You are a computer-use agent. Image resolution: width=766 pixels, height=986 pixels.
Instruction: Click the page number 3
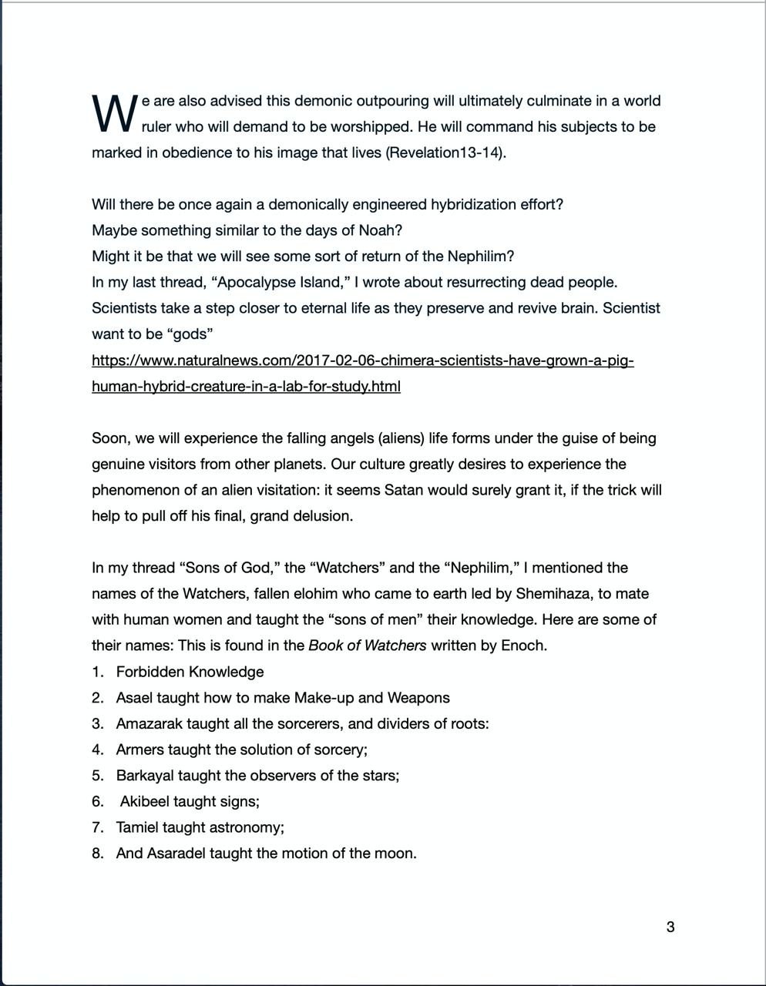670,927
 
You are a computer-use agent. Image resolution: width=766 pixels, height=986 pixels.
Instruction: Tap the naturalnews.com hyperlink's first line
362,360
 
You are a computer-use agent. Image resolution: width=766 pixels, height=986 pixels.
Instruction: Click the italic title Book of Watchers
367,646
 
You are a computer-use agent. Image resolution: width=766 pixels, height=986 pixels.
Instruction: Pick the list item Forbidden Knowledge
190,672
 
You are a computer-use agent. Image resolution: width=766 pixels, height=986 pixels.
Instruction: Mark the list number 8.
97,854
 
